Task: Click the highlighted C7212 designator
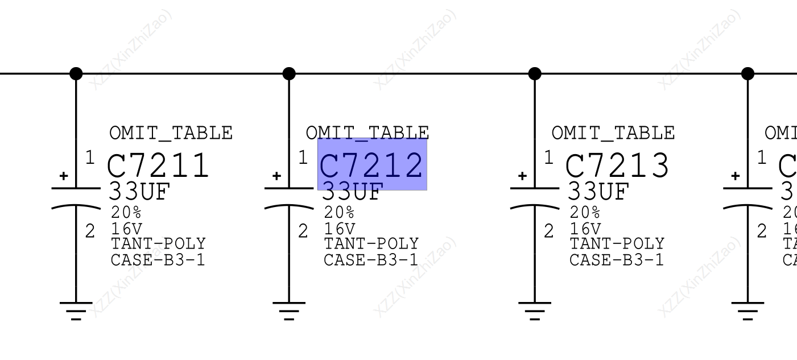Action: [x=372, y=165]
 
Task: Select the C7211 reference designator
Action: [x=158, y=166]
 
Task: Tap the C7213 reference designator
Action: [x=617, y=166]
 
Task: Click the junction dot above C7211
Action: [x=76, y=73]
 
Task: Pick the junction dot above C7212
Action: [x=289, y=73]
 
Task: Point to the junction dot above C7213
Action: [x=535, y=73]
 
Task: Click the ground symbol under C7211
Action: [x=76, y=310]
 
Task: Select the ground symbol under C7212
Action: [x=289, y=310]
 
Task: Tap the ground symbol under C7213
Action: [x=535, y=310]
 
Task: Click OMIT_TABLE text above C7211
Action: [x=171, y=133]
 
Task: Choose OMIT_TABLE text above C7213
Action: [x=613, y=133]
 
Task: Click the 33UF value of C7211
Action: [x=139, y=192]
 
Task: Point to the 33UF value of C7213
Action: [x=598, y=192]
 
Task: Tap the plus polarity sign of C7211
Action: [x=64, y=176]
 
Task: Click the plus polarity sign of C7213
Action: [x=522, y=176]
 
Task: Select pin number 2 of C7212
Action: [x=303, y=231]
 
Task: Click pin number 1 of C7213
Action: [x=548, y=158]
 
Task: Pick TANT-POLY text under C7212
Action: [x=371, y=244]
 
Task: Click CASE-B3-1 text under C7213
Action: [x=616, y=260]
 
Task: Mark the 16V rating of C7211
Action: [x=126, y=229]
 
